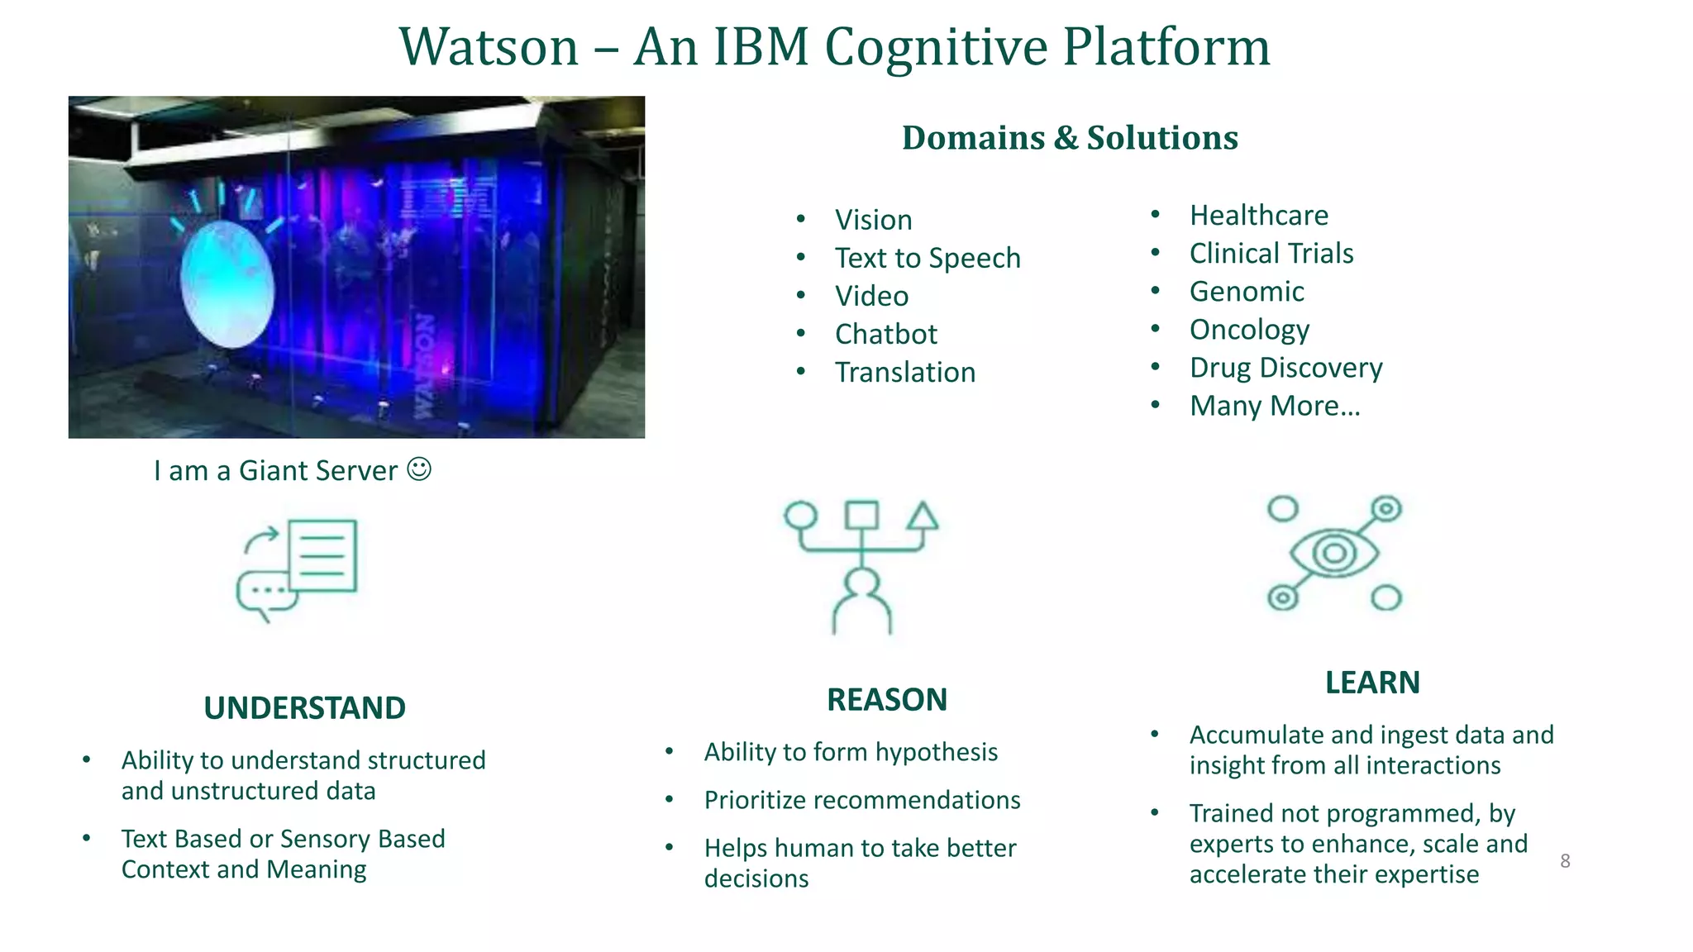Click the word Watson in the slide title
tap(489, 47)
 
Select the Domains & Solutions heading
tap(1070, 138)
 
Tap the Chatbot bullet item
tap(885, 335)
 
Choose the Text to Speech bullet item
tap(928, 259)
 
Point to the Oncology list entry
tap(1249, 330)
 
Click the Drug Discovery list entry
tap(1285, 368)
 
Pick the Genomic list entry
tap(1247, 292)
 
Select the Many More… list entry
tap(1274, 406)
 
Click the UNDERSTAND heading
tap(304, 708)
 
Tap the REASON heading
tap(887, 700)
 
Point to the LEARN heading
tap(1372, 683)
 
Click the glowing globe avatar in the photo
tap(227, 284)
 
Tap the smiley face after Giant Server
tap(419, 469)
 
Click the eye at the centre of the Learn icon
tap(1334, 553)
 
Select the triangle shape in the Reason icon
tap(923, 516)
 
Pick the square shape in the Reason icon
tap(861, 515)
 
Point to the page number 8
tap(1565, 861)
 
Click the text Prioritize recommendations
tap(862, 800)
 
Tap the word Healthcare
tap(1258, 216)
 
